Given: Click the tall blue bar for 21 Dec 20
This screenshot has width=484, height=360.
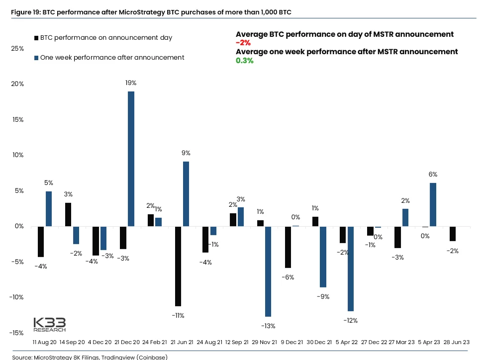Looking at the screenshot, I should (x=131, y=159).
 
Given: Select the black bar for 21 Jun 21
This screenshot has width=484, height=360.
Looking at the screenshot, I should (x=178, y=266).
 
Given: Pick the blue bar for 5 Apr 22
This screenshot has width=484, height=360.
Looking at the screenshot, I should (x=350, y=269).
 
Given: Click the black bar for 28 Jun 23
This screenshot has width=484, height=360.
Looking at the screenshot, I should (x=452, y=234).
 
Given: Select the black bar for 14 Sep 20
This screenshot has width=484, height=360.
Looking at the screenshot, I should (x=68, y=214).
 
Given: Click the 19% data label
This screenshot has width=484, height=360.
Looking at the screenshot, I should (x=131, y=83).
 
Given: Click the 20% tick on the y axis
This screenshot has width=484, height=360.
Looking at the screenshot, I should (x=18, y=84).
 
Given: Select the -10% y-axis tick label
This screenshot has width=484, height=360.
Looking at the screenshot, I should (x=16, y=297).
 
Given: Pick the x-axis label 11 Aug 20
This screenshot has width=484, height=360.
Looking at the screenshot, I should (x=44, y=343).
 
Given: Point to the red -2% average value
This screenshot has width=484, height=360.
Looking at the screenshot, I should (x=243, y=43).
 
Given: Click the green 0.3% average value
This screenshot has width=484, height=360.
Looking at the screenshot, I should (x=245, y=61).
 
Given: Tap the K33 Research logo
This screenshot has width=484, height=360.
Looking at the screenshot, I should (x=49, y=324).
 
